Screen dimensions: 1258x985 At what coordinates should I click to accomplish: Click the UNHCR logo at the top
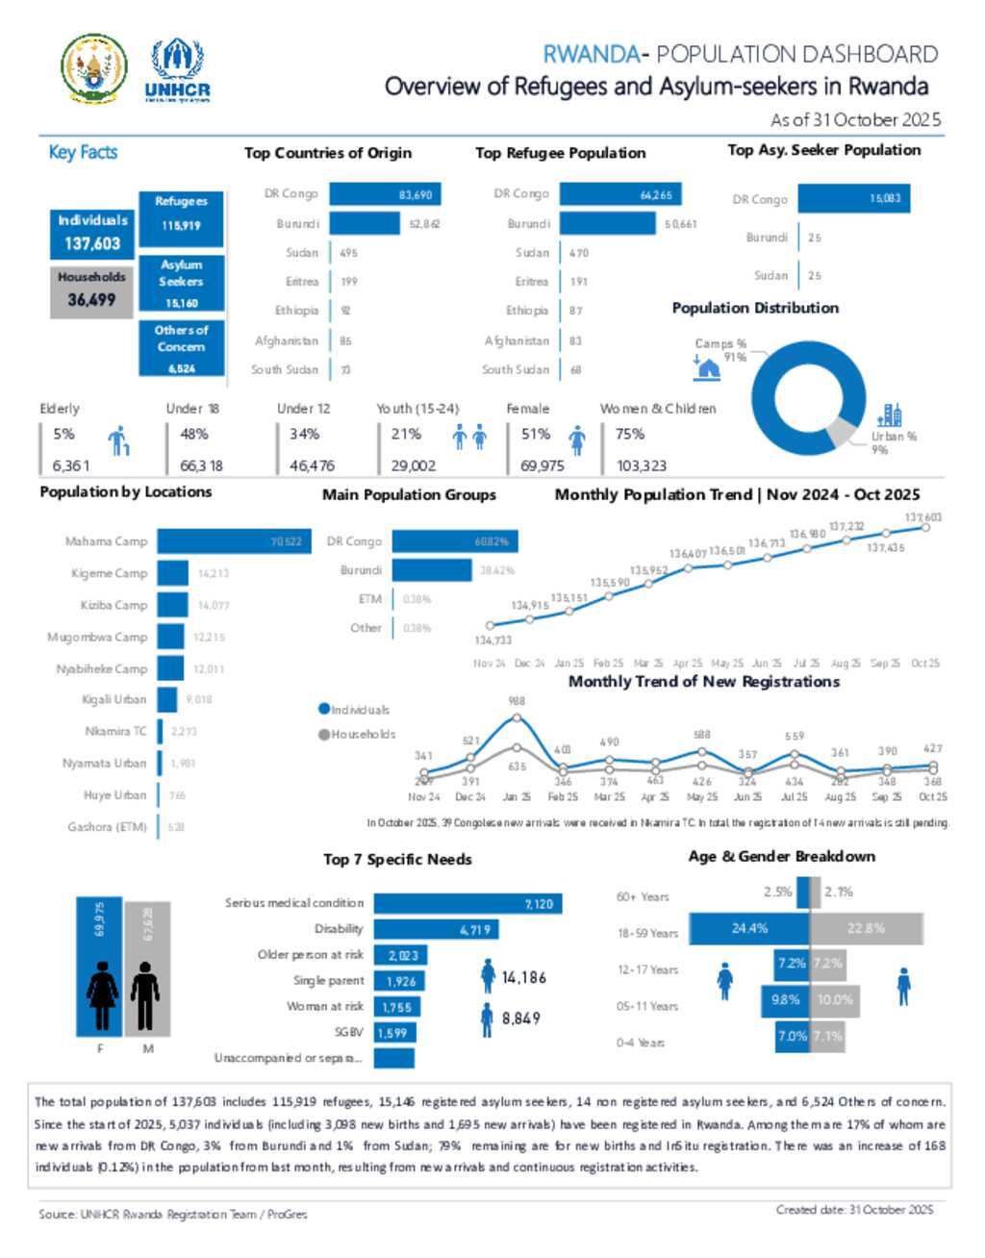pos(177,70)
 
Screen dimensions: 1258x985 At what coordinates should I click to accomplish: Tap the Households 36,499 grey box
pos(91,289)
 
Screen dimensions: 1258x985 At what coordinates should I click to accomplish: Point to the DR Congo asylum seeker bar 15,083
pos(853,198)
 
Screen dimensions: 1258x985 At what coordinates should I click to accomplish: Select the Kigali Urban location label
pos(114,699)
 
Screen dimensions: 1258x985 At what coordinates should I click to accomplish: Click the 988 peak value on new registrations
pos(517,701)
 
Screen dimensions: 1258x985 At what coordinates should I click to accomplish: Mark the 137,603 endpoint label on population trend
pos(923,517)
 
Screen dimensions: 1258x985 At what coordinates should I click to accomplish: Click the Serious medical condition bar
pos(467,904)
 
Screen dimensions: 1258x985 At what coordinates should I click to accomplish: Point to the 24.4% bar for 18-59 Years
pos(749,928)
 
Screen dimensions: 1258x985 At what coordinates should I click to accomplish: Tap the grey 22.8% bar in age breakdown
pos(866,928)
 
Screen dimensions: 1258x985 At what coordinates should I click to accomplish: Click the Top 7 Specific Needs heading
pos(397,859)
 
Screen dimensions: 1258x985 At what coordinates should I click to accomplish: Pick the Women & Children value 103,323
pos(642,465)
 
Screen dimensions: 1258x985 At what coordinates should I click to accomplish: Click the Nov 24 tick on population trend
pos(489,664)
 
